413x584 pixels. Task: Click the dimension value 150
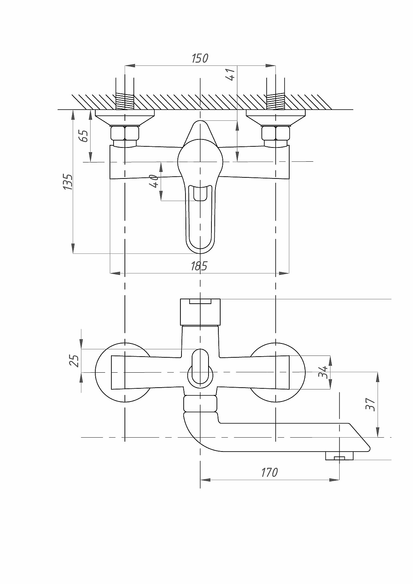pyautogui.click(x=200, y=58)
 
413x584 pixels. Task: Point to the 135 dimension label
pyautogui.click(x=68, y=181)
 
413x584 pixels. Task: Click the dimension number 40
pyautogui.click(x=154, y=181)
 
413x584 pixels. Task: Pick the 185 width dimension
pyautogui.click(x=199, y=266)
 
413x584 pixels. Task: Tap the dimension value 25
pyautogui.click(x=74, y=361)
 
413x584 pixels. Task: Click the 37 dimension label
pyautogui.click(x=371, y=404)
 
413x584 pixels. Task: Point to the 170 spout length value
pyautogui.click(x=269, y=472)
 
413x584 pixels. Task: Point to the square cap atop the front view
pyautogui.click(x=200, y=312)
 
